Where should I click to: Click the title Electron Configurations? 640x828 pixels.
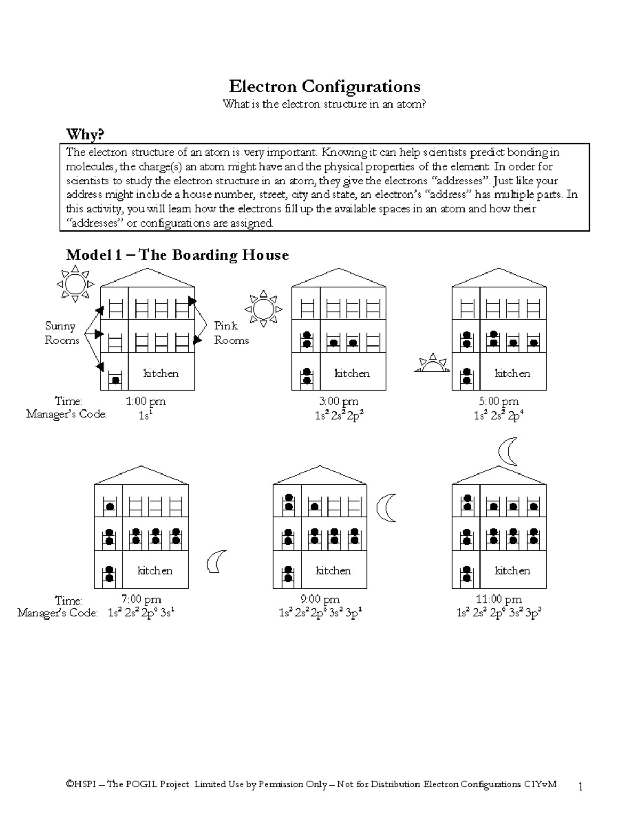(x=324, y=86)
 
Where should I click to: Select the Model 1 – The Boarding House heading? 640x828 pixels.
(x=177, y=255)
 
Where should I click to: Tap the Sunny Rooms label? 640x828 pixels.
(x=61, y=333)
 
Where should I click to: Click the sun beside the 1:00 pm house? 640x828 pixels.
(x=75, y=284)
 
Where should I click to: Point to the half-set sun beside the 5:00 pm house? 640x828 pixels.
(x=433, y=364)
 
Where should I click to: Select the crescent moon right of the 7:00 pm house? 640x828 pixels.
(x=216, y=562)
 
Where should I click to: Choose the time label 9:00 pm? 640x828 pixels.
(x=320, y=600)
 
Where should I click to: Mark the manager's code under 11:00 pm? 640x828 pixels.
(x=499, y=613)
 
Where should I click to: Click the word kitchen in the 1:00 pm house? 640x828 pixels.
(x=161, y=373)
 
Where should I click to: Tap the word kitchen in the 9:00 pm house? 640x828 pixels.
(x=333, y=570)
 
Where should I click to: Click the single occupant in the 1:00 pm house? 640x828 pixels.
(x=115, y=380)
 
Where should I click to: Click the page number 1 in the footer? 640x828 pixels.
(x=581, y=786)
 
